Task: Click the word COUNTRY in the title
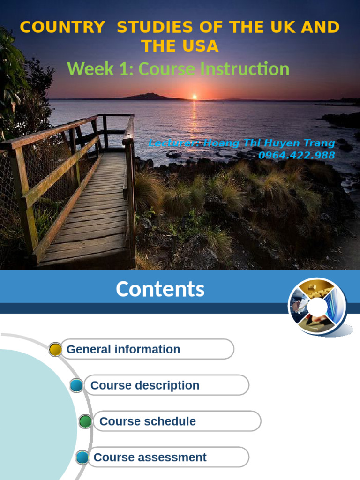point(62,28)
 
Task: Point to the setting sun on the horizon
point(195,97)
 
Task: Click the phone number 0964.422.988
point(296,155)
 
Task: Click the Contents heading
point(160,289)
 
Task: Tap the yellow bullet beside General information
point(55,349)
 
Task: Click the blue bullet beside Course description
point(76,385)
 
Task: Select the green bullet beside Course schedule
point(85,421)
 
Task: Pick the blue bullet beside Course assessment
point(82,457)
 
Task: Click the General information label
point(123,349)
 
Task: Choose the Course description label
point(145,385)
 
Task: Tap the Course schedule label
point(148,421)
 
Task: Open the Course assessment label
point(150,457)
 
